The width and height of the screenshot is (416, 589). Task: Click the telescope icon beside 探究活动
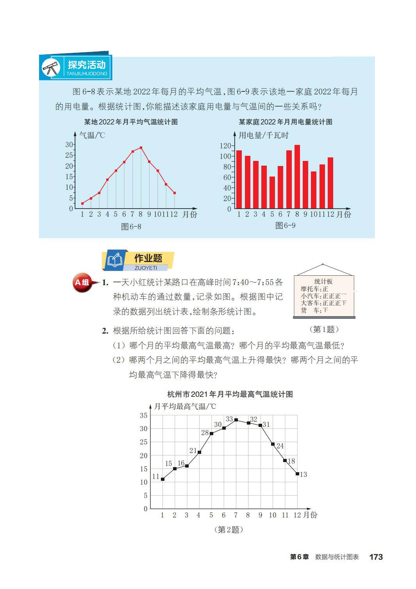[x=51, y=68]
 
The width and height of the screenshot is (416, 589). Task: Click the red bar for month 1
[x=239, y=179]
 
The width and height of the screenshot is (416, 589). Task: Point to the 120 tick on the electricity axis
[x=226, y=146]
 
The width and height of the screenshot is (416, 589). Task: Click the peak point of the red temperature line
[x=141, y=148]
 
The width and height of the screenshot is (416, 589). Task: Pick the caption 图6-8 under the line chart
[x=131, y=227]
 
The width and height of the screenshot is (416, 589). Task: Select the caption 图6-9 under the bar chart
[x=285, y=225]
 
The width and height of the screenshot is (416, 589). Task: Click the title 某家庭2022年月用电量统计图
[x=285, y=122]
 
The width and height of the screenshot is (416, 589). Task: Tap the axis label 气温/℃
[x=92, y=135]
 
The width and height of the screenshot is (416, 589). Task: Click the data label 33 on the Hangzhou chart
[x=229, y=419]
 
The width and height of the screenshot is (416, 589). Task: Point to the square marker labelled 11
[x=162, y=479]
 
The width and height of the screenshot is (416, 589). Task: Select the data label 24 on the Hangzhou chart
[x=280, y=446]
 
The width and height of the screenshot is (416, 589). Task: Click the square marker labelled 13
[x=297, y=474]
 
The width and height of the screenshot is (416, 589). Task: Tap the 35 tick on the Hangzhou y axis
[x=144, y=416]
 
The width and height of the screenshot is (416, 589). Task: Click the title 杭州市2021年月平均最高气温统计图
[x=230, y=394]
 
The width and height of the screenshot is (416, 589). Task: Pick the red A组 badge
[x=82, y=282]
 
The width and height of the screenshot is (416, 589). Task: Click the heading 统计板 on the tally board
[x=323, y=281]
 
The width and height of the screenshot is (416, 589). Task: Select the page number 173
[x=376, y=557]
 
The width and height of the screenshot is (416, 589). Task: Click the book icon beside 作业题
[x=115, y=260]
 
